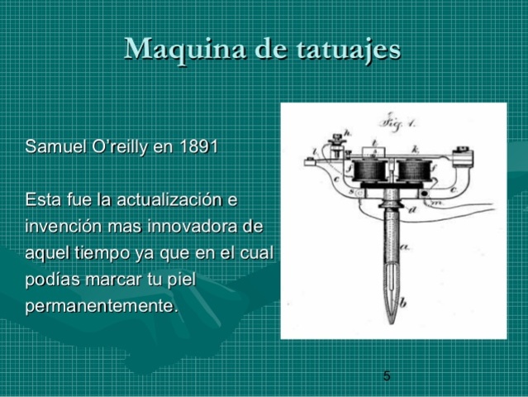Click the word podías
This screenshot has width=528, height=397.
(x=53, y=280)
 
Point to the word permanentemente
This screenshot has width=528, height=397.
(x=101, y=306)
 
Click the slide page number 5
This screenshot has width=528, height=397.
(x=387, y=377)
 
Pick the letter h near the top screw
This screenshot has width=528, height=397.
(x=347, y=133)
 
